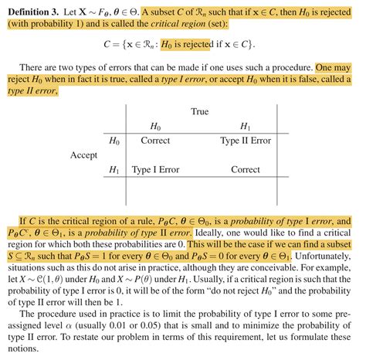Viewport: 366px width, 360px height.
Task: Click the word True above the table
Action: pos(200,112)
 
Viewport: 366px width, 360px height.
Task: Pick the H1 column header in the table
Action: pos(246,127)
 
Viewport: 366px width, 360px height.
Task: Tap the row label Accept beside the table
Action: pos(83,155)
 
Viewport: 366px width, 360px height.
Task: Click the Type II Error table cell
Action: pos(246,141)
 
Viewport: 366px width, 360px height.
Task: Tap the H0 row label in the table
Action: pos(115,141)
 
